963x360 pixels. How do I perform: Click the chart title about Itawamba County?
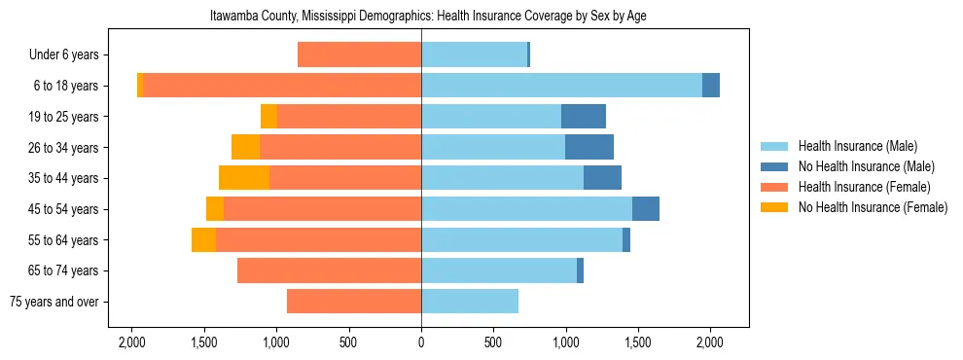pos(428,17)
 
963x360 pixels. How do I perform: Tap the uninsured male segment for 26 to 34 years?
pos(589,147)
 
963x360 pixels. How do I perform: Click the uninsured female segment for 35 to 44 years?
pos(244,178)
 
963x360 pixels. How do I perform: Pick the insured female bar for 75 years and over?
pos(354,302)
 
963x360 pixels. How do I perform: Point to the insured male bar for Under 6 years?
pos(474,54)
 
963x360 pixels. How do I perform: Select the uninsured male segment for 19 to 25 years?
pos(584,117)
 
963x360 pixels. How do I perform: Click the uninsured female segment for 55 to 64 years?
pos(203,240)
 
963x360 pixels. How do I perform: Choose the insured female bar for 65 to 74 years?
pos(329,270)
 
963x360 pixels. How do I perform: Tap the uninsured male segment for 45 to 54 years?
pos(646,209)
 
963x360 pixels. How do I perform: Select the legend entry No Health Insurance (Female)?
pos(873,207)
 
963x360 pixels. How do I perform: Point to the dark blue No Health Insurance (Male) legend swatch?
pos(774,166)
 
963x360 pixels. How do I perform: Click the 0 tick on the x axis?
pos(421,342)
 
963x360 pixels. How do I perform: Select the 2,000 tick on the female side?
pos(132,342)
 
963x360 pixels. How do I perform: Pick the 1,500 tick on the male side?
pos(637,342)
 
